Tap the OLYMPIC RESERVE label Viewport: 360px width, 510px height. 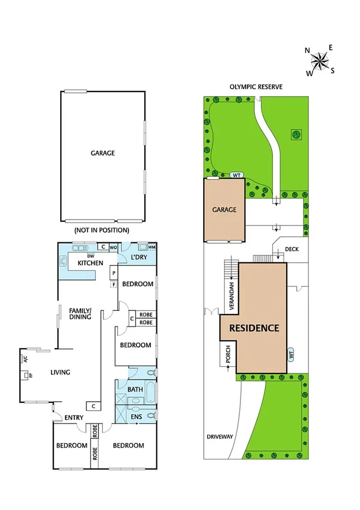tap(255, 87)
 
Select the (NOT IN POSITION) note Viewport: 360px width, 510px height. tap(102, 230)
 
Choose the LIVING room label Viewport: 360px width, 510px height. tap(60, 372)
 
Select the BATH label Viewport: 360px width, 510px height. tap(135, 390)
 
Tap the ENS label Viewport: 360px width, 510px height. tap(135, 416)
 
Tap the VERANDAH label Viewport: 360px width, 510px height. tap(231, 292)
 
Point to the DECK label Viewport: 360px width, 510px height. tap(291, 248)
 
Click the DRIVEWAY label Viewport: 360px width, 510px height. tap(218, 437)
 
